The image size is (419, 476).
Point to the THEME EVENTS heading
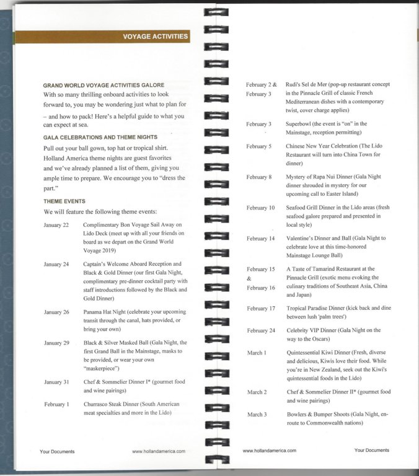[64, 201]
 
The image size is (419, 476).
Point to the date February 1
[56, 405]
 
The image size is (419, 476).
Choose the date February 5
[258, 146]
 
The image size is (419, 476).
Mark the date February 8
[258, 177]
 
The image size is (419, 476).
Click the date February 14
[260, 239]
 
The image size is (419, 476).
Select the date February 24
[260, 331]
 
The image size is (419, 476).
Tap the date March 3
[257, 415]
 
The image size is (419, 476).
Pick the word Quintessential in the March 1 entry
[307, 352]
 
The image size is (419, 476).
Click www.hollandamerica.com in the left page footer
[159, 452]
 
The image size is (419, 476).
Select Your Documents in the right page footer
[372, 451]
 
